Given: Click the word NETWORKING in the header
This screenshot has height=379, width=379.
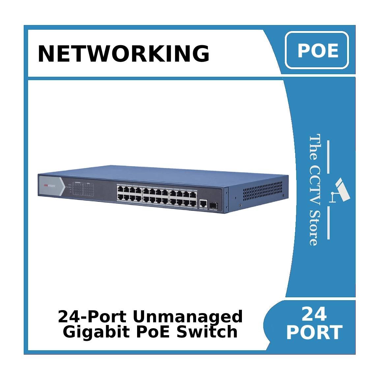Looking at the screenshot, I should tap(124, 54).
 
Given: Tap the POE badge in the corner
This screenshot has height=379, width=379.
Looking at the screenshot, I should tap(317, 50).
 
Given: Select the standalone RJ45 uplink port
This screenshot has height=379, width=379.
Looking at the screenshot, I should tap(203, 203).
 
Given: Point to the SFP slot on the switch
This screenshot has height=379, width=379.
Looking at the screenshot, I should tap(213, 206).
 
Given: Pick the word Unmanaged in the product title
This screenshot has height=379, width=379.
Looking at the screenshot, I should tap(188, 317).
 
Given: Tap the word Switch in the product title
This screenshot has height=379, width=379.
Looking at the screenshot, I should tap(207, 332).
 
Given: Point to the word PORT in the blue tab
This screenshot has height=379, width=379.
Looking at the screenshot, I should tap(314, 333).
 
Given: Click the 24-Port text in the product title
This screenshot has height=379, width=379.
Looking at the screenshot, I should tap(92, 317).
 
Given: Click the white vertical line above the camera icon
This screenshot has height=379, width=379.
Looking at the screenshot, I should tap(328, 157).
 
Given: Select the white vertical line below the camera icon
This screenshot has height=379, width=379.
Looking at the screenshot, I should tap(328, 223).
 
